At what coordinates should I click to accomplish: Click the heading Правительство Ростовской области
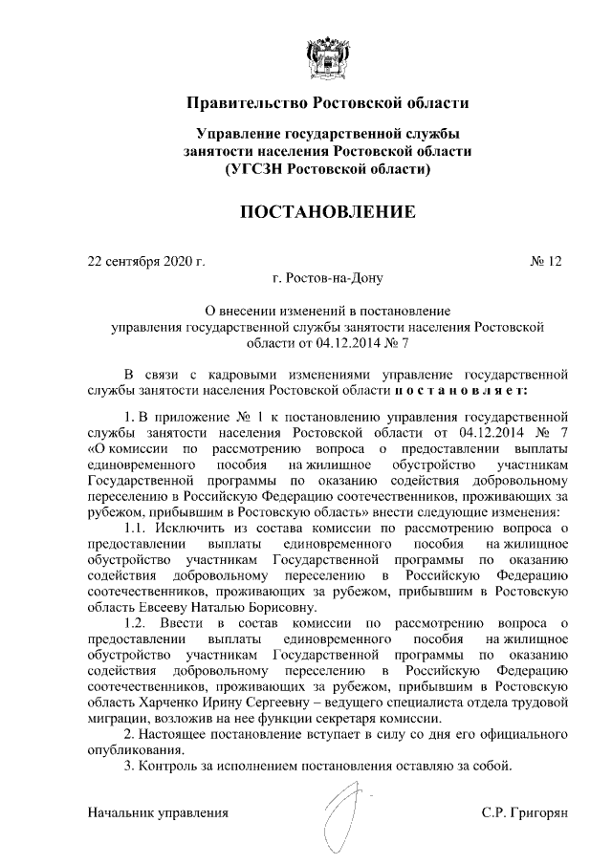327,101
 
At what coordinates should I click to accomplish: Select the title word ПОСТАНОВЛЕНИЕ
327,211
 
